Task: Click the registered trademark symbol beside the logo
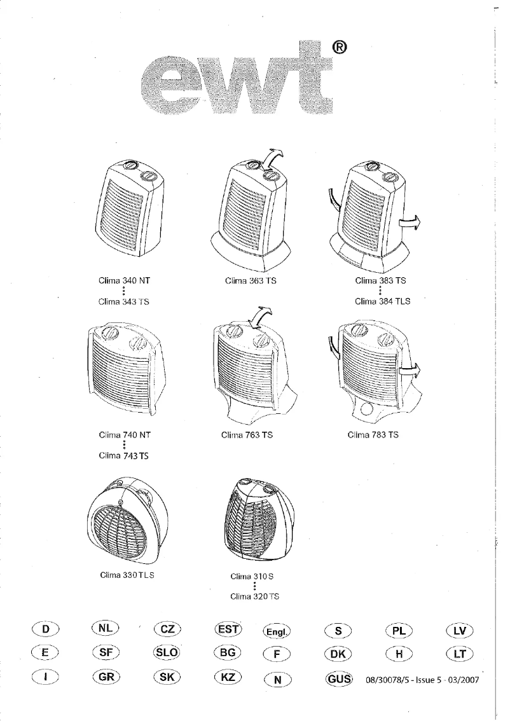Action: click(338, 47)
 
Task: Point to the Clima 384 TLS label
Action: click(382, 302)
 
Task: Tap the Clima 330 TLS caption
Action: click(128, 575)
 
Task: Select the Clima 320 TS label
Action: click(254, 597)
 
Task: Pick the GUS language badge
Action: click(339, 678)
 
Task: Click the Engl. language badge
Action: click(276, 632)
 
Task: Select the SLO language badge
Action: click(167, 654)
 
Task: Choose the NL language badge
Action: click(106, 628)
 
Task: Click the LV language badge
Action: click(460, 631)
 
